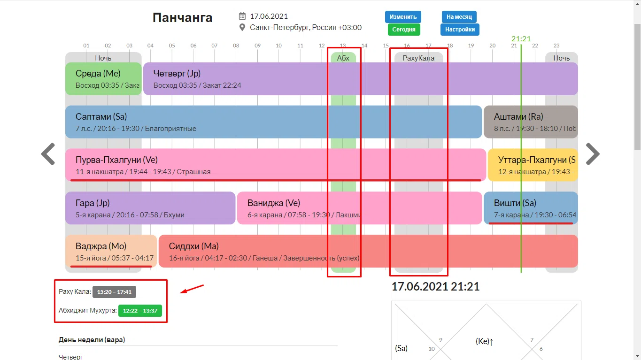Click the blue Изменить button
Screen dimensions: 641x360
point(402,17)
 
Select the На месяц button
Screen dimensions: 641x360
point(459,17)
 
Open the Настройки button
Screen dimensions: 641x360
point(460,30)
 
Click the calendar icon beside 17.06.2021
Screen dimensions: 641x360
point(242,16)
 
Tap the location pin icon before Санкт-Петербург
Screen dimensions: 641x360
point(242,27)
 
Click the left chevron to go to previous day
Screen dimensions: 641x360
point(48,154)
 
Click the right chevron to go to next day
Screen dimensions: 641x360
point(593,154)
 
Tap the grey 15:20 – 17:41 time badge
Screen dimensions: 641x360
point(114,292)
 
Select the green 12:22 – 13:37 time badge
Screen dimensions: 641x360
point(140,311)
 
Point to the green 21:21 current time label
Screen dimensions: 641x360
point(521,38)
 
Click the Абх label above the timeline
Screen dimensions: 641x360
point(343,58)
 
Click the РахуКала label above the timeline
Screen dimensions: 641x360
point(418,58)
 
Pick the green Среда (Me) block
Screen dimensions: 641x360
point(103,79)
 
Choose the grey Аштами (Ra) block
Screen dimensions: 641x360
point(531,122)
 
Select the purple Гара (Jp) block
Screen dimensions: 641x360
point(150,208)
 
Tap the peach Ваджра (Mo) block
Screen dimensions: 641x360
point(111,251)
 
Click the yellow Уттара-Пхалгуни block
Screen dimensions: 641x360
point(533,165)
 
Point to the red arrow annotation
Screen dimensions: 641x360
point(192,289)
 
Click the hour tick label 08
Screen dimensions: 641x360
point(236,46)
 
